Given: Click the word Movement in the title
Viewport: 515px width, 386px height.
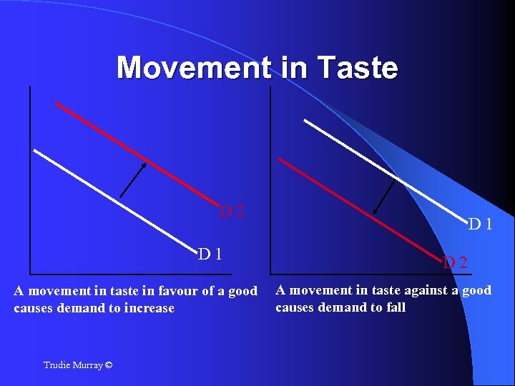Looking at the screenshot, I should click(193, 68).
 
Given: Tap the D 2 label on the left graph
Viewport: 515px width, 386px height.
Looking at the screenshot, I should click(232, 211).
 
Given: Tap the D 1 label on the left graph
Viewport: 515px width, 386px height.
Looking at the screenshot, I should click(210, 253).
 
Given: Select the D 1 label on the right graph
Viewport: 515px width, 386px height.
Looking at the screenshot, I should click(480, 224).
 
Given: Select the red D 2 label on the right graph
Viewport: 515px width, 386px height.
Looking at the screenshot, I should click(455, 262).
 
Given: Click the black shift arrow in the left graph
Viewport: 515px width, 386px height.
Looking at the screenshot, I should click(133, 179).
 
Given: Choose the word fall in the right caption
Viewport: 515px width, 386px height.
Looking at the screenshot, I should click(395, 307).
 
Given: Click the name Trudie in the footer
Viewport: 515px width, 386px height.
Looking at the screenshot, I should click(57, 365).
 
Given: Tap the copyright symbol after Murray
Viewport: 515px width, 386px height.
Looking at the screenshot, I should click(108, 365).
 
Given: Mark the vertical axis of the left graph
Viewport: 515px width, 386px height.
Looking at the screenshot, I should click(31, 179).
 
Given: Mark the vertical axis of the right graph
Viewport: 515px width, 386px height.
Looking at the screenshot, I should click(270, 179).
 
